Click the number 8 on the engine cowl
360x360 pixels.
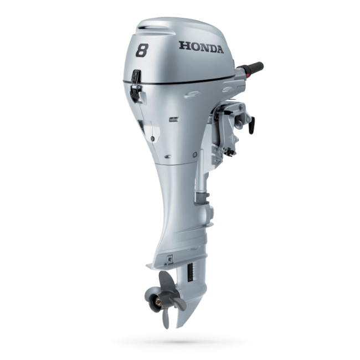click(x=143, y=52)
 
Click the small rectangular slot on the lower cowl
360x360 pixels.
click(x=173, y=119)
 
